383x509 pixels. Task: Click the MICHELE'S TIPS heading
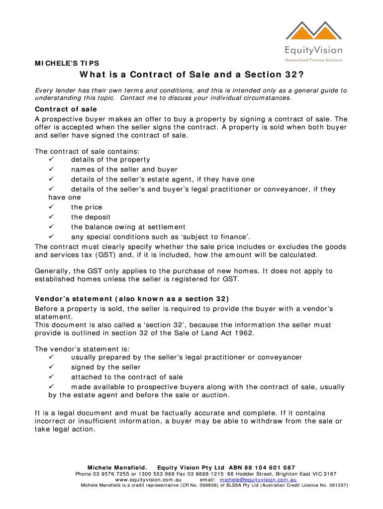pyautogui.click(x=67, y=63)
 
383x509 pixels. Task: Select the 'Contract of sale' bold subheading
pyautogui.click(x=66, y=109)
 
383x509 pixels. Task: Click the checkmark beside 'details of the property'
pyautogui.click(x=51, y=160)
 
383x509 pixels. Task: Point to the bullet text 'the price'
pyautogui.click(x=87, y=207)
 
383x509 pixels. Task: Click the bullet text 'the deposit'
pyautogui.click(x=91, y=217)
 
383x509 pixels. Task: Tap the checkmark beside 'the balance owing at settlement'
pyautogui.click(x=51, y=227)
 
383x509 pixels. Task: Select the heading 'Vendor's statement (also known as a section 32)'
pyautogui.click(x=132, y=299)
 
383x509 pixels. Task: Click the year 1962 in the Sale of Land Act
pyautogui.click(x=244, y=333)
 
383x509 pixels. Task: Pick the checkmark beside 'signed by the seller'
pyautogui.click(x=51, y=367)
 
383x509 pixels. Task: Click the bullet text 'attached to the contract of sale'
pyautogui.click(x=127, y=377)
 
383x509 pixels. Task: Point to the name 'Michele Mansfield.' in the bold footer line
pyautogui.click(x=117, y=468)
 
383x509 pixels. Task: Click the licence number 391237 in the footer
pyautogui.click(x=334, y=485)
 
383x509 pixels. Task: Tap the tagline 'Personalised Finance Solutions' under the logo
pyautogui.click(x=313, y=60)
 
